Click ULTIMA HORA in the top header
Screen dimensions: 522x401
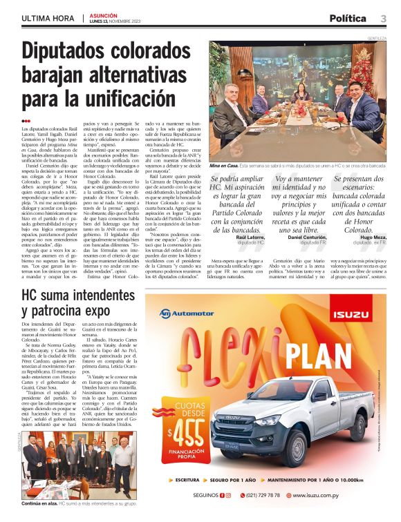click(x=48, y=17)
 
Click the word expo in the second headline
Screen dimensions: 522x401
click(x=115, y=311)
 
